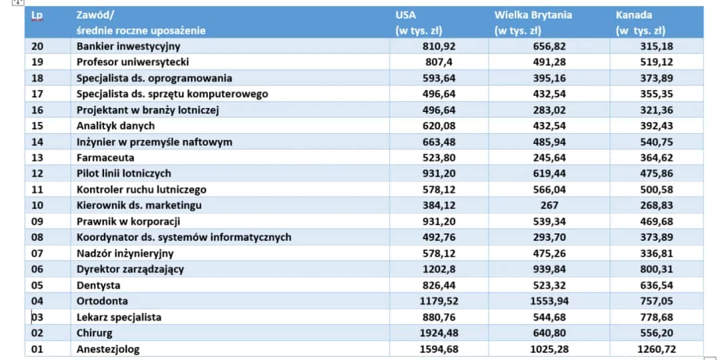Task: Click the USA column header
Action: [406, 15]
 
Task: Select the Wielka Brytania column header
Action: [533, 15]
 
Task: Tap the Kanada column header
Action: [634, 15]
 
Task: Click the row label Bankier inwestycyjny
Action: [129, 46]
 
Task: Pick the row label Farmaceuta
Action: [105, 158]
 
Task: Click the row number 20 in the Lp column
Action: [37, 46]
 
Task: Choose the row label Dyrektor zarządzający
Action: [130, 269]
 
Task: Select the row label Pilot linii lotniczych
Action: [124, 173]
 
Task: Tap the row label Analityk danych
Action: [115, 126]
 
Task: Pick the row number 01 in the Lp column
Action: [37, 349]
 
